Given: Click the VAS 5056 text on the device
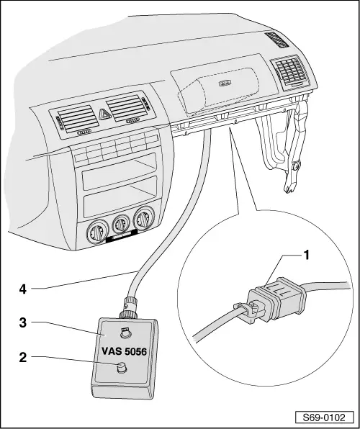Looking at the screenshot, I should (122, 353).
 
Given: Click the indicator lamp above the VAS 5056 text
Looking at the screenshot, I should (125, 333).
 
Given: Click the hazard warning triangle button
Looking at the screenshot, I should (104, 113).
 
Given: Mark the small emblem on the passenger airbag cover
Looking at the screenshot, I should (225, 84).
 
